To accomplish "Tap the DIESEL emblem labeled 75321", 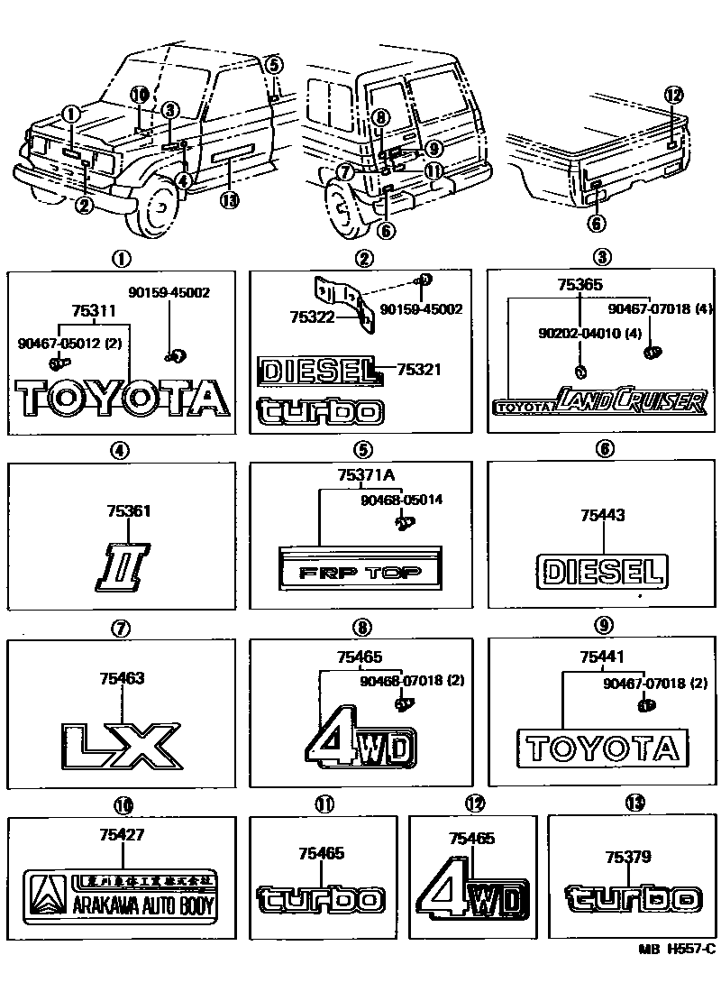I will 315,370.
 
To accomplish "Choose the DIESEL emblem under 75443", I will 603,571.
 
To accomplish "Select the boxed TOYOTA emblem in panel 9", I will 602,747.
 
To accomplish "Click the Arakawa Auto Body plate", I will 121,895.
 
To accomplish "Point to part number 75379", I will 628,857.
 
